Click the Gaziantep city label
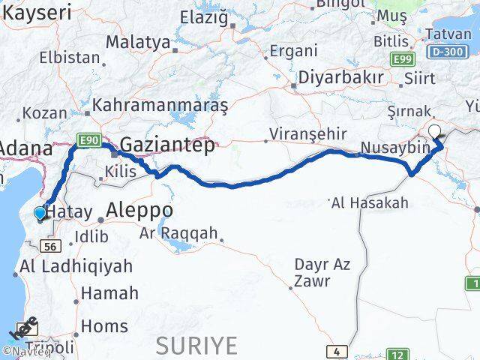pos(166,145)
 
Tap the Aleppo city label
pos(139,210)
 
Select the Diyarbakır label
pos(341,78)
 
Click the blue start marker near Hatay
pos(40,214)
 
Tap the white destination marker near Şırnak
pos(434,132)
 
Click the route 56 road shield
pos(51,246)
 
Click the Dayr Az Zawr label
pos(322,272)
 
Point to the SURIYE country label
pos(196,346)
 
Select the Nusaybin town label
pos(395,148)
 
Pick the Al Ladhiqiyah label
pos(76,265)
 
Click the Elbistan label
pos(70,57)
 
